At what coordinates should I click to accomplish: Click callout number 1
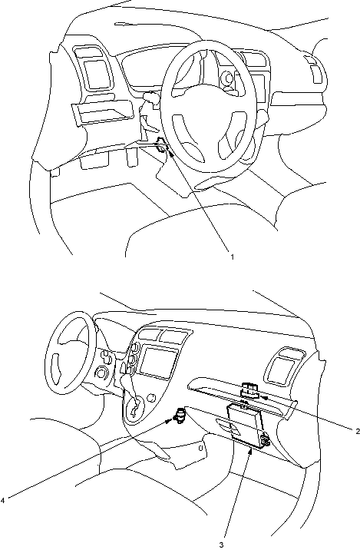[232, 257]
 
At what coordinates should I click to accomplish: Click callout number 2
[357, 431]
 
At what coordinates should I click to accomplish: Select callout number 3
[221, 545]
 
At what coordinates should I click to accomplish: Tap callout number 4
[3, 500]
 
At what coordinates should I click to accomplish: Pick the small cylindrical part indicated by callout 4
[180, 416]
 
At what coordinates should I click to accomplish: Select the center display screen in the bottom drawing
[158, 363]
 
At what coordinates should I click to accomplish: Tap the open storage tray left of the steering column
[104, 111]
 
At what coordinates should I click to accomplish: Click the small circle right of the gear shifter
[151, 398]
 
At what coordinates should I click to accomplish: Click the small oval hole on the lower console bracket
[200, 448]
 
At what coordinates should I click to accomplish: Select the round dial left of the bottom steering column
[102, 372]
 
